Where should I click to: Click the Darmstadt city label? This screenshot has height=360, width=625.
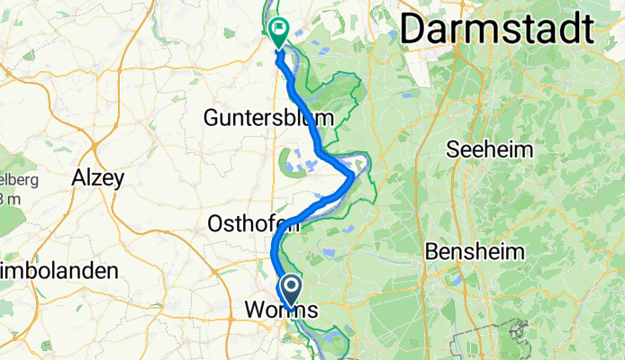coord(497,30)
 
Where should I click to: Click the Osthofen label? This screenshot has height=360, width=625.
coord(247,223)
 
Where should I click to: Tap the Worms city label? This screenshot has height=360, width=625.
coord(281,310)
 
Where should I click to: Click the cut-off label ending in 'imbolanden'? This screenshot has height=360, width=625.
coord(59,270)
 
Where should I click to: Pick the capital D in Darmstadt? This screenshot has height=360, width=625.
coord(414,30)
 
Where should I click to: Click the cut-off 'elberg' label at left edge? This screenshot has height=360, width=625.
coord(18,180)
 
